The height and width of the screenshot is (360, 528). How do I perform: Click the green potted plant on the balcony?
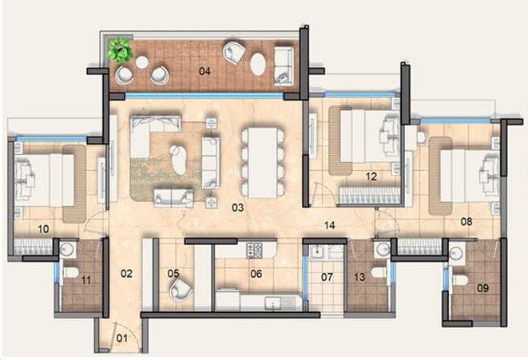120,50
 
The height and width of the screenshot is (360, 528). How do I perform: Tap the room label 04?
204,71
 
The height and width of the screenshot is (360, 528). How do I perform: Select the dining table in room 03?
263,163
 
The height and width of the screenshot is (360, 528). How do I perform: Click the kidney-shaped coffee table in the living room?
178,160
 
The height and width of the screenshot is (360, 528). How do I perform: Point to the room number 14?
329,225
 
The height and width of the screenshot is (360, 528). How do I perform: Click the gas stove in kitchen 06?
255,250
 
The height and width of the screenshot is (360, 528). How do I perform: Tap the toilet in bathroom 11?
70,272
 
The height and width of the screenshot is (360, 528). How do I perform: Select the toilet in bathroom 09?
459,279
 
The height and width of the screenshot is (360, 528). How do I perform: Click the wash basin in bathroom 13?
383,250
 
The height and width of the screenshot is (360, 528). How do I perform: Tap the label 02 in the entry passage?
126,274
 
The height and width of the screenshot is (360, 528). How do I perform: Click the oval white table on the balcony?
258,64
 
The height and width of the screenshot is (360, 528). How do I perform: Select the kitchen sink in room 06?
277,303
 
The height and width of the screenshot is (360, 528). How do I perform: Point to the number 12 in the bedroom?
371,176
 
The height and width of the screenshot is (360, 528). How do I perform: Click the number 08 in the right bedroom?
466,222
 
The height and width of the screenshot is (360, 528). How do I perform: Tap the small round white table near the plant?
141,62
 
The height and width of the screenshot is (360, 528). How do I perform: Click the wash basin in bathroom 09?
457,252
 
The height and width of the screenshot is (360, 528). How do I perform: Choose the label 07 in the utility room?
327,277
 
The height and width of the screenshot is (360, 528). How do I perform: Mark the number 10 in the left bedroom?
43,229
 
